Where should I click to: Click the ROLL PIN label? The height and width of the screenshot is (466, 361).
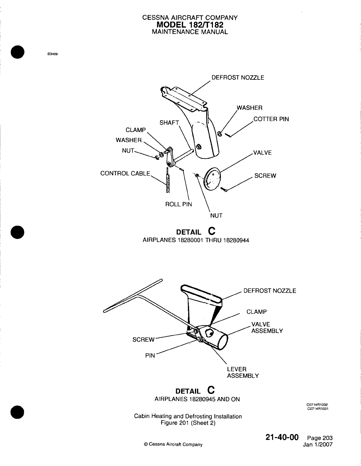click(x=178, y=204)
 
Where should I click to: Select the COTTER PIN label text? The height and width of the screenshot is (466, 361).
click(x=271, y=119)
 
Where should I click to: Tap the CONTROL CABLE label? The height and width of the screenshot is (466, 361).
click(x=125, y=173)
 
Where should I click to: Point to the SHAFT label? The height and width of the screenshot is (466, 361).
click(x=169, y=123)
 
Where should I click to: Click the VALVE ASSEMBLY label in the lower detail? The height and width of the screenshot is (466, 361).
click(x=267, y=328)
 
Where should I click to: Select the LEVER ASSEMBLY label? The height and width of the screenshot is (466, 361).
click(x=243, y=373)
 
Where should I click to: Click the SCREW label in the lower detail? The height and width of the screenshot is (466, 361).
click(x=143, y=340)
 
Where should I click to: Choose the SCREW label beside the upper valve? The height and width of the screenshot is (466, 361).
click(x=265, y=176)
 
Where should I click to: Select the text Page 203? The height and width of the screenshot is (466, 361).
click(x=320, y=438)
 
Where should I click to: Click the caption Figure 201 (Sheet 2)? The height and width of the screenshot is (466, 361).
click(x=188, y=423)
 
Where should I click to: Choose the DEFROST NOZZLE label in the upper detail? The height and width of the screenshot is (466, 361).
click(x=238, y=78)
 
